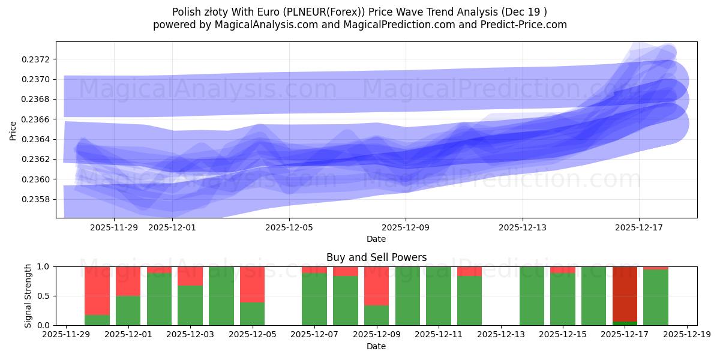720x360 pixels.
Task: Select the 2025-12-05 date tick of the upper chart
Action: click(x=289, y=227)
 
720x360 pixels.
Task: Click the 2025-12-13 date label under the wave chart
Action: click(x=522, y=227)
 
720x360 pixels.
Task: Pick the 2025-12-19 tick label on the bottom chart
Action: click(x=686, y=335)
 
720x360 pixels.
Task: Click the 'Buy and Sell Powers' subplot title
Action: click(x=376, y=257)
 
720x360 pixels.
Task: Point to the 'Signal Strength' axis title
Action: click(x=28, y=295)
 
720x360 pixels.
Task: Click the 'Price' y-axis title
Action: click(x=13, y=130)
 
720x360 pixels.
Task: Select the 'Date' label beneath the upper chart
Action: click(x=376, y=239)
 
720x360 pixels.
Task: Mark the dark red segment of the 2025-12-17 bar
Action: click(x=625, y=294)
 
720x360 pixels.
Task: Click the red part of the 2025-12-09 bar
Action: click(x=376, y=286)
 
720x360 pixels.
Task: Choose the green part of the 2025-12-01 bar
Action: click(x=128, y=311)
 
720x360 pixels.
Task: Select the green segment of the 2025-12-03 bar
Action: click(x=190, y=305)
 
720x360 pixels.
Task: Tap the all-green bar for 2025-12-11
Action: click(x=439, y=296)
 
